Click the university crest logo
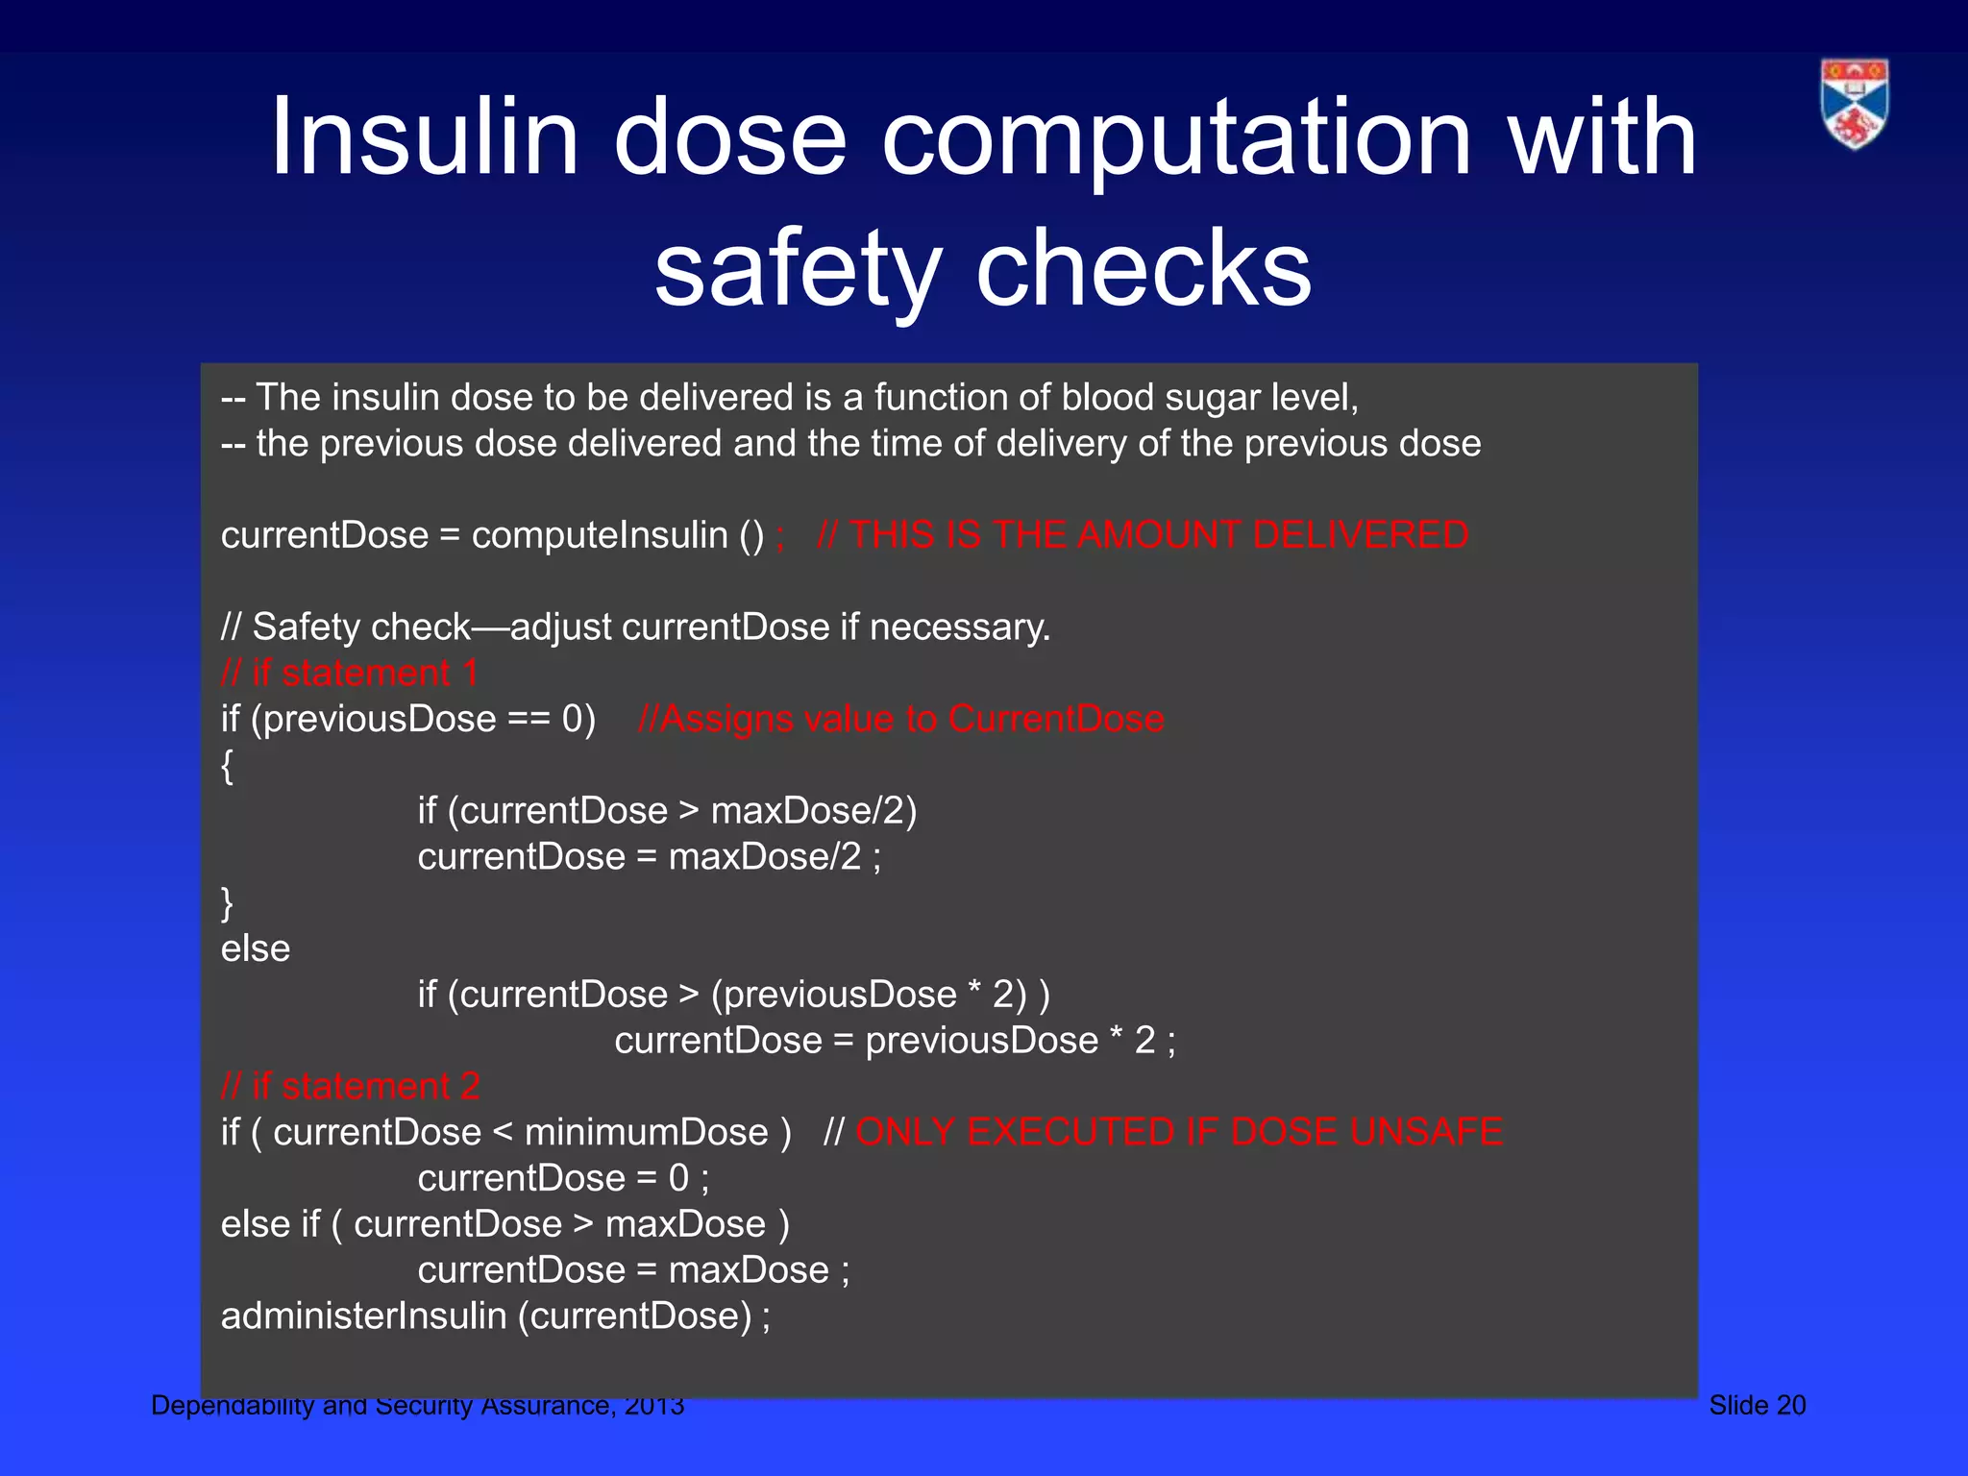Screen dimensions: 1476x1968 click(x=1854, y=104)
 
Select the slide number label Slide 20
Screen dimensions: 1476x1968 click(x=1757, y=1405)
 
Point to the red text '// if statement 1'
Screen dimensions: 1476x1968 click(x=350, y=673)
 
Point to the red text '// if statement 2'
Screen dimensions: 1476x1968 click(x=350, y=1086)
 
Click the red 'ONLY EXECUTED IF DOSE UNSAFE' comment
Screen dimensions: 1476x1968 click(x=1178, y=1132)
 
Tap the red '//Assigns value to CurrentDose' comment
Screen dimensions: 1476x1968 click(x=900, y=719)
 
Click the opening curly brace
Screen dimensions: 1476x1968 click(x=227, y=766)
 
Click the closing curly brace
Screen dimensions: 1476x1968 click(x=227, y=903)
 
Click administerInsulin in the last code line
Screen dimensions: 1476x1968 click(x=363, y=1316)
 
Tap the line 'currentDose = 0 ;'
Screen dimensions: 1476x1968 click(x=563, y=1178)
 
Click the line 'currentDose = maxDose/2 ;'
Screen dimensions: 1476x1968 click(x=649, y=856)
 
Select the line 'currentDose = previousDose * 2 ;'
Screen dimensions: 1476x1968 click(x=895, y=1041)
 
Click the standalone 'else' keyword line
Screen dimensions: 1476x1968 click(x=256, y=948)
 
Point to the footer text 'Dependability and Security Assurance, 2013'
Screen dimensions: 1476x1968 click(x=418, y=1405)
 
